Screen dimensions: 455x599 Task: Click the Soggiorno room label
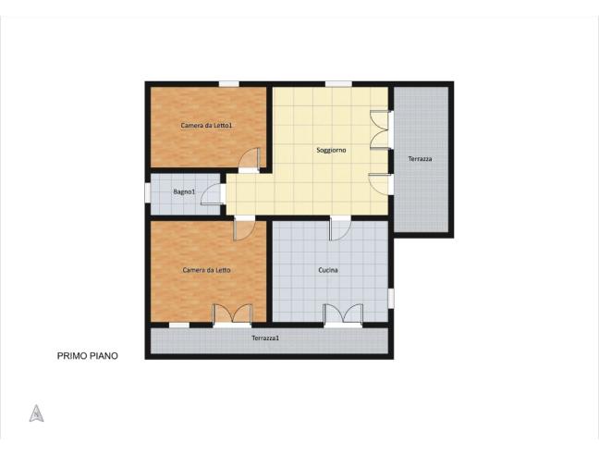tap(331, 150)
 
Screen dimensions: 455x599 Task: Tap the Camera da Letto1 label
tap(206, 126)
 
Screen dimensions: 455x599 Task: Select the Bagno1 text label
tap(184, 191)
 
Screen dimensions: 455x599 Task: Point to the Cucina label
tap(328, 270)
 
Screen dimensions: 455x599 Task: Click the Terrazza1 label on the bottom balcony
tap(265, 338)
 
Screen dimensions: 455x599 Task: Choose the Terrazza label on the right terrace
tap(420, 159)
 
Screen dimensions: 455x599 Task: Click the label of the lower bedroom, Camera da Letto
tap(206, 270)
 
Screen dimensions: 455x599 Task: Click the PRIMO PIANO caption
tap(88, 354)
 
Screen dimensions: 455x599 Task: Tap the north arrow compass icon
tap(37, 413)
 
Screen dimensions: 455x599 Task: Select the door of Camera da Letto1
tap(249, 161)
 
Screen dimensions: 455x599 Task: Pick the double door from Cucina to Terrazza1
tap(342, 314)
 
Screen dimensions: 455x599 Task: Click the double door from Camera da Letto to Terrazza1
tap(232, 314)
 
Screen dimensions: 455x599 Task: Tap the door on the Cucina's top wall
tap(340, 227)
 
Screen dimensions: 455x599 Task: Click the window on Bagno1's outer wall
tap(148, 192)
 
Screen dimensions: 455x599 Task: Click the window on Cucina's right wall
tap(391, 298)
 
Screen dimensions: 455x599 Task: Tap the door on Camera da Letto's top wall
tap(245, 227)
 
